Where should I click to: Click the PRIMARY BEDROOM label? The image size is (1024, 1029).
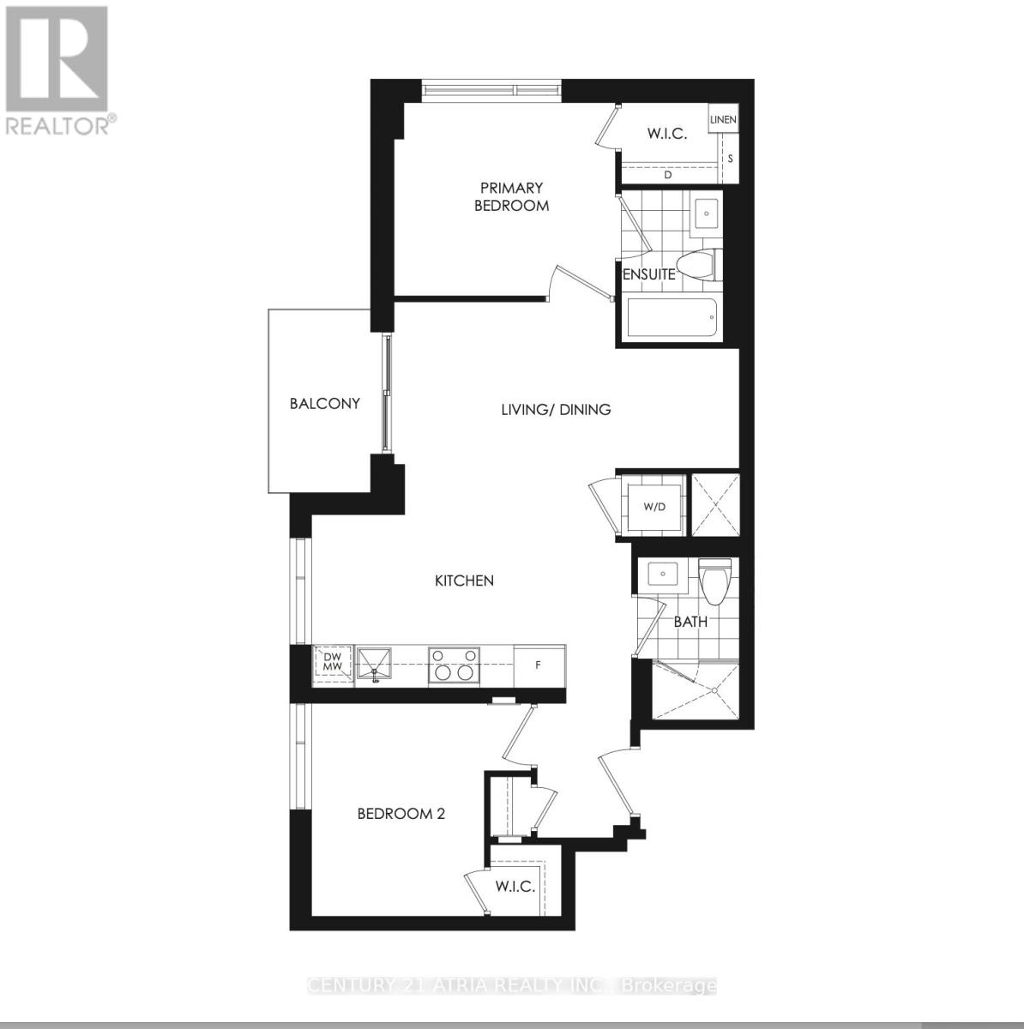click(512, 196)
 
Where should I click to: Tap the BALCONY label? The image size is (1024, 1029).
click(324, 403)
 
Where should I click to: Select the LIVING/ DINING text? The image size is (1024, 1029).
click(556, 410)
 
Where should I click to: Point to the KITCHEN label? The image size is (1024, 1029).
click(464, 581)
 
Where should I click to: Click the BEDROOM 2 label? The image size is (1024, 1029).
click(401, 813)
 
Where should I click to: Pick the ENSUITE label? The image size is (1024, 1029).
click(648, 274)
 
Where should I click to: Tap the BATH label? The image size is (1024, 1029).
click(690, 622)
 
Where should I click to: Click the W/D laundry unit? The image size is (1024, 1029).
click(654, 507)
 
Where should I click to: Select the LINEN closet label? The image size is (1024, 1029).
click(723, 120)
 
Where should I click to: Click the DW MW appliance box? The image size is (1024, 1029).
click(333, 662)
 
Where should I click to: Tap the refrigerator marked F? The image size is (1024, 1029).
click(539, 665)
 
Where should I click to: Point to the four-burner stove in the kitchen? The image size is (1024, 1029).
click(453, 665)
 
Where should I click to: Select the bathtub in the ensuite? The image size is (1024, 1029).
click(672, 317)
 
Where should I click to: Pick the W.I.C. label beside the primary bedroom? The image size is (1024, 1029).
click(666, 134)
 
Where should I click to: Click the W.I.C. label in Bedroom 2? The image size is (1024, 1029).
click(515, 886)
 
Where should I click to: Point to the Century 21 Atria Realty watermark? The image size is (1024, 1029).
click(511, 986)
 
